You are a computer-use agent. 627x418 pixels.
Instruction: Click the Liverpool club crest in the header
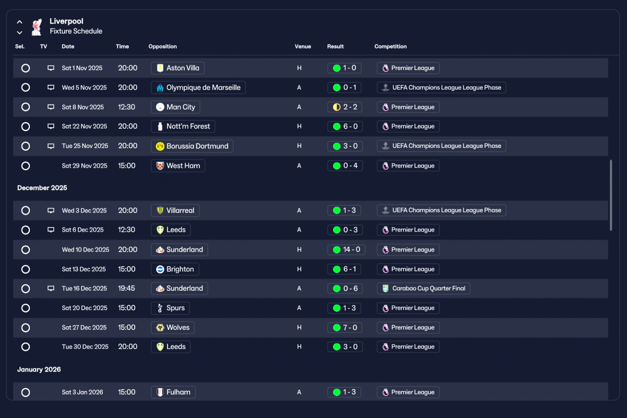point(37,27)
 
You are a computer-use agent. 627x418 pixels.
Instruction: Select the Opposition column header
point(162,46)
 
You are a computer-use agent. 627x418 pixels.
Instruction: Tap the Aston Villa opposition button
point(177,68)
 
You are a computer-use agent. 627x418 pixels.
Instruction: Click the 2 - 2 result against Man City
point(344,107)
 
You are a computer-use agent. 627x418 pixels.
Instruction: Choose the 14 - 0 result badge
point(346,250)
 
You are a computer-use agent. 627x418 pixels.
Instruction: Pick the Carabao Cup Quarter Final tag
point(424,288)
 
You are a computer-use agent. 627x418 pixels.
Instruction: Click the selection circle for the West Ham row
point(25,166)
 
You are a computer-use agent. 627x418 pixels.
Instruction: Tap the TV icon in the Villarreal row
point(50,210)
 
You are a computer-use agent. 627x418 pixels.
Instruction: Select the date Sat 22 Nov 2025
point(84,126)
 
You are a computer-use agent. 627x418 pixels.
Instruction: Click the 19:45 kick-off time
point(126,288)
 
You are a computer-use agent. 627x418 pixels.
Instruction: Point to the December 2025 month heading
point(42,188)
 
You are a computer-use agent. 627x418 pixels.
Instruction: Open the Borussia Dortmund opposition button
point(192,146)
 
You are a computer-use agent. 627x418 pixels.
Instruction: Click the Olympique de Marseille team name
point(203,88)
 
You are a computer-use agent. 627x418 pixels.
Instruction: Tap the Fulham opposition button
point(173,392)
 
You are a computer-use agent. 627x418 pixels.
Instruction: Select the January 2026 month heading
point(39,370)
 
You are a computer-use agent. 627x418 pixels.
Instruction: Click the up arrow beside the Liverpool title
point(20,22)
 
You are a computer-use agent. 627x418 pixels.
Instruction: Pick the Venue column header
point(303,46)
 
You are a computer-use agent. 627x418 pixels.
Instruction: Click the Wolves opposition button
point(173,327)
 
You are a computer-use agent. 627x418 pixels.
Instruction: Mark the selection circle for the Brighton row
point(25,269)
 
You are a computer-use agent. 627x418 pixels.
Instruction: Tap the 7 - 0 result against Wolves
point(344,327)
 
